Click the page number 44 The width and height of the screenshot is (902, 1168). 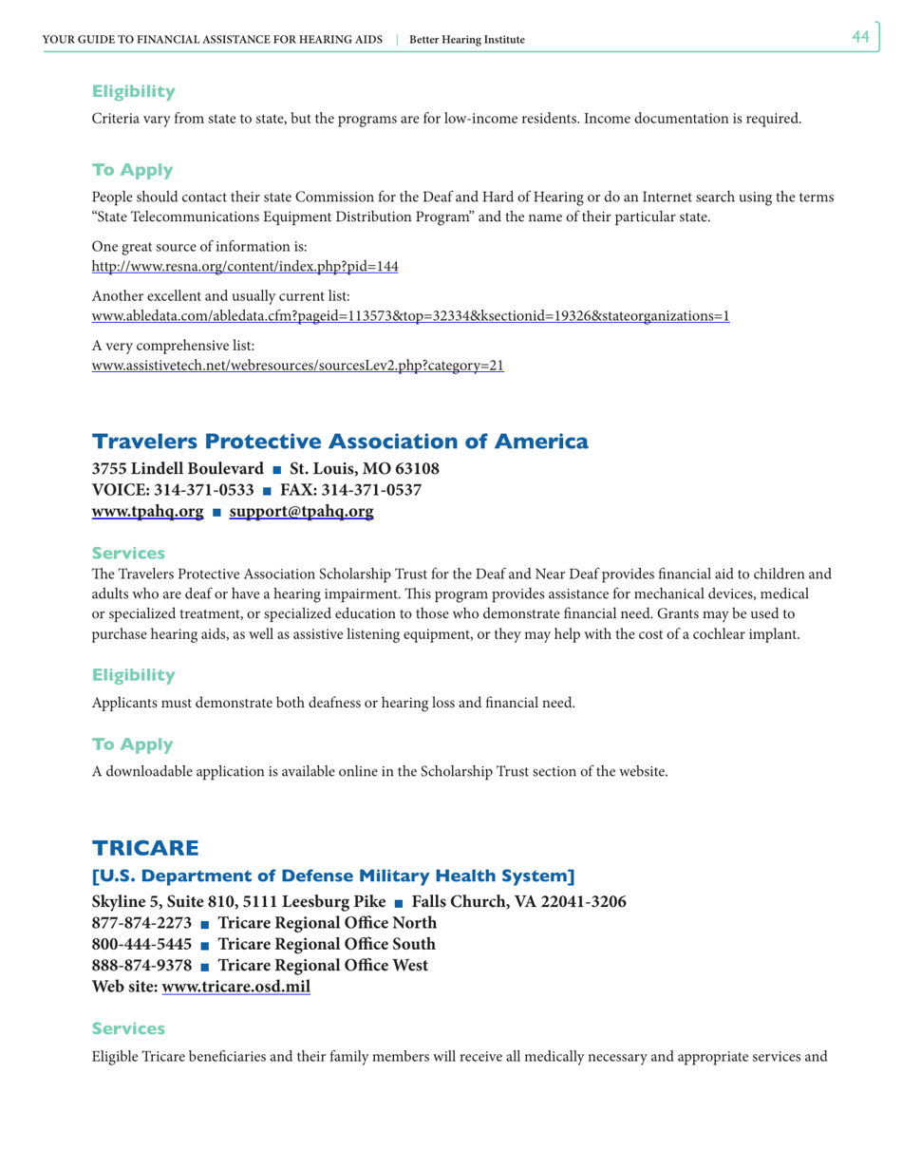(x=860, y=37)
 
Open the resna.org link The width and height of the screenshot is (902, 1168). (x=244, y=267)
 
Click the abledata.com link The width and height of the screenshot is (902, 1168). (x=410, y=316)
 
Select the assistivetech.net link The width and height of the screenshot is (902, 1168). (x=297, y=366)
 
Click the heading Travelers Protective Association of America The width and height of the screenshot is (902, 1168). (x=339, y=442)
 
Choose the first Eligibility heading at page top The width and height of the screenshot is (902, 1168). (x=133, y=92)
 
